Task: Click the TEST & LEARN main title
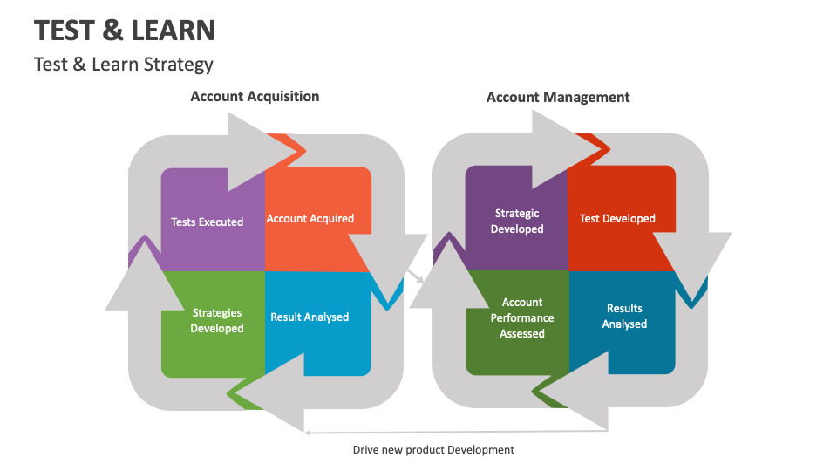pos(125,31)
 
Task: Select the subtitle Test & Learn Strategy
pos(124,65)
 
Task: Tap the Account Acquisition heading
pos(255,97)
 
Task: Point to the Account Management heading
pos(558,98)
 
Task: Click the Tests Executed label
pos(207,222)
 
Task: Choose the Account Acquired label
pos(310,219)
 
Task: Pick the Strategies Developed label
pos(217,320)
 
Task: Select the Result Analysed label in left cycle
pos(310,317)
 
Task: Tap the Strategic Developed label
pos(517,221)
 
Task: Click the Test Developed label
pos(617,219)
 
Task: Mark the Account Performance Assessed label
pos(522,318)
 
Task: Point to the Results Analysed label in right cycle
pos(624,316)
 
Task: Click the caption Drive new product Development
pos(433,450)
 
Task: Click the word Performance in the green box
pos(522,318)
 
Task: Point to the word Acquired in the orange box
pos(332,219)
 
